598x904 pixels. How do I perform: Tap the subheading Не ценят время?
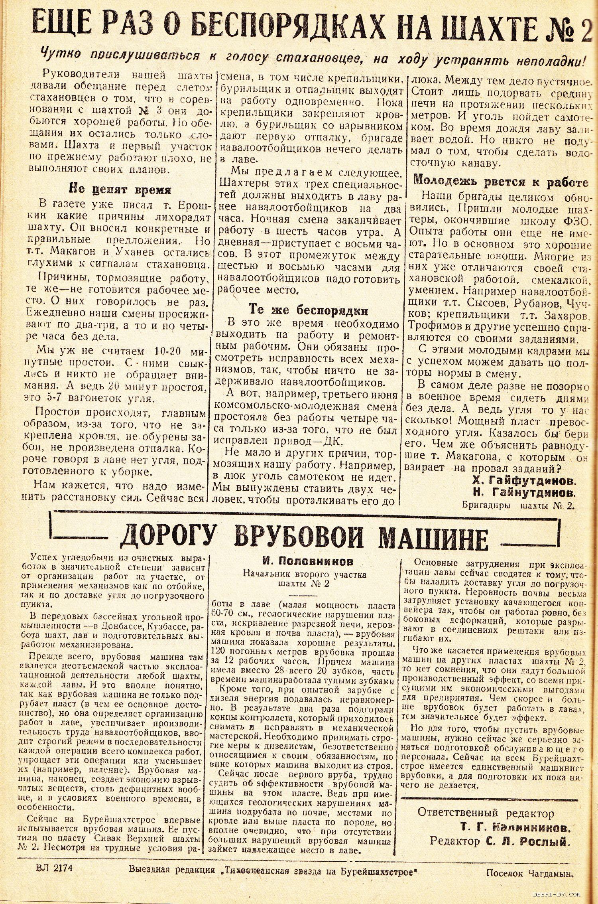coord(120,189)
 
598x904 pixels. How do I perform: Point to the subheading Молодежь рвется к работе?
coord(501,182)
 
